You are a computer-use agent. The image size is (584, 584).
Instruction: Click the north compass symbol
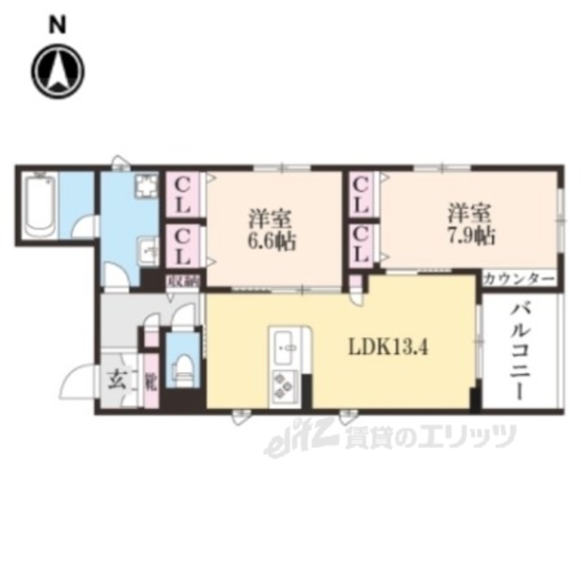[58, 71]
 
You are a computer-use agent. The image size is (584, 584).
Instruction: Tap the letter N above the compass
[57, 24]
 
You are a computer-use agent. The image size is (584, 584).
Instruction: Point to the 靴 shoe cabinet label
[151, 383]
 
